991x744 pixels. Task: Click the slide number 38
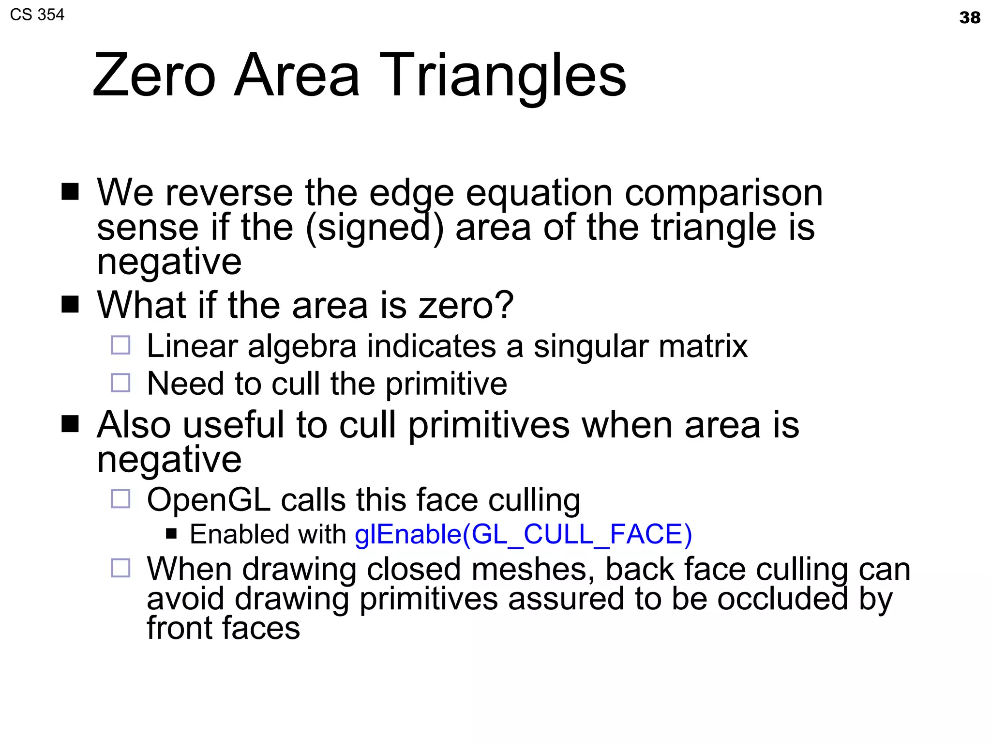coord(969,18)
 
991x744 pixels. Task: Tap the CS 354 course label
coord(37,15)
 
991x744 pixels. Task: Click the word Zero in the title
coord(154,76)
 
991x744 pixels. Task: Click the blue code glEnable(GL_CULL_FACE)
coord(523,534)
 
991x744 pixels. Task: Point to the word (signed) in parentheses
coord(375,228)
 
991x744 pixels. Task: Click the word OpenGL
coord(209,500)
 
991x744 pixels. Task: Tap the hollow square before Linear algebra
coord(120,345)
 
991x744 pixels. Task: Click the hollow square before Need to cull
coord(120,383)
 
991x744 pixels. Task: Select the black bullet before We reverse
coord(70,192)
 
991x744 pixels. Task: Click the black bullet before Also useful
coord(70,424)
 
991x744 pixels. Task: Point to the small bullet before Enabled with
coord(171,534)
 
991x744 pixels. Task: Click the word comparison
coord(723,193)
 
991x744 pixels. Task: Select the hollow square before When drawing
coord(120,568)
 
